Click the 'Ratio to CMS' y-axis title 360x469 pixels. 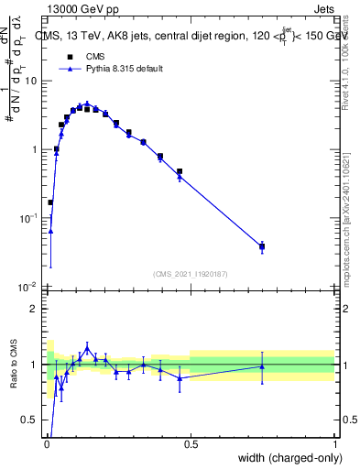click(x=13, y=365)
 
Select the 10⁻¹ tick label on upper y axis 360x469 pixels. click(x=28, y=217)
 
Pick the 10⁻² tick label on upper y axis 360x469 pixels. click(x=28, y=286)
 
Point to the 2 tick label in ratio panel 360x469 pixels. click(x=34, y=309)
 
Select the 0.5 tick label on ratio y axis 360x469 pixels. click(x=29, y=420)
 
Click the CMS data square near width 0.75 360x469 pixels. click(x=262, y=245)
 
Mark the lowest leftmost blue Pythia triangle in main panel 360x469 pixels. click(x=50, y=231)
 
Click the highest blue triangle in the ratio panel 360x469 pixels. click(x=87, y=348)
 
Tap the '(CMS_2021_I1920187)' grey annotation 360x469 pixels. click(x=190, y=272)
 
